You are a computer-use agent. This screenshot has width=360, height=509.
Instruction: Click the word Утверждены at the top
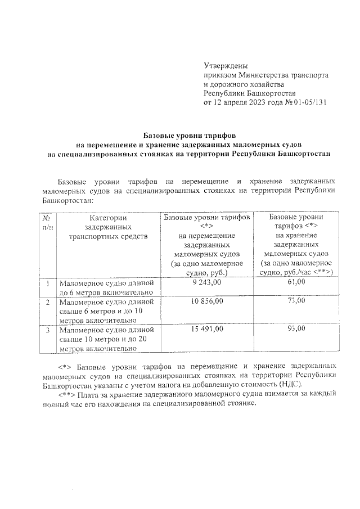(225, 66)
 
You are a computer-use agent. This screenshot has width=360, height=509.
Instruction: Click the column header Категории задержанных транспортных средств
(107, 227)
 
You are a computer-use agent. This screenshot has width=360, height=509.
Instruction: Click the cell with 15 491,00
(206, 329)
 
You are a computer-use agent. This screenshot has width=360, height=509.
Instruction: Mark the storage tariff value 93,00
(296, 329)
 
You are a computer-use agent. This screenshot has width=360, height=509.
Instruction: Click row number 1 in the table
(47, 283)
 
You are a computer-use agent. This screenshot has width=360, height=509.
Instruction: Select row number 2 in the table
(47, 302)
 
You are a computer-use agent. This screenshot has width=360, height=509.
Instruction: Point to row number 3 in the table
(47, 330)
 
